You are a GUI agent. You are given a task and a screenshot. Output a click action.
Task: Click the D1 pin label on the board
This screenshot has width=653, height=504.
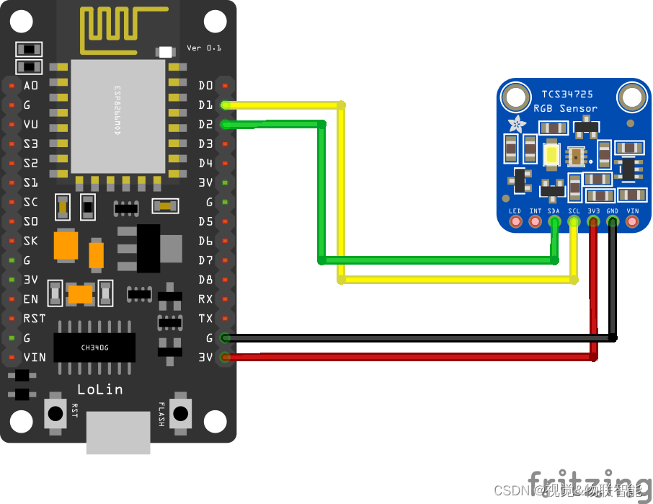click(205, 105)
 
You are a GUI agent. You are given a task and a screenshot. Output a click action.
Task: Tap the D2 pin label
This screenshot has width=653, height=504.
click(205, 125)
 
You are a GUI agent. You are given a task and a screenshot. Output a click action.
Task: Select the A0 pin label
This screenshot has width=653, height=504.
click(32, 86)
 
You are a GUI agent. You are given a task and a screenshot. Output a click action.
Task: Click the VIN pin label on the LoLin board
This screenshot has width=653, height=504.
click(34, 357)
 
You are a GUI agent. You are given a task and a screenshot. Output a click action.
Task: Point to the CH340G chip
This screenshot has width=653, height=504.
click(94, 348)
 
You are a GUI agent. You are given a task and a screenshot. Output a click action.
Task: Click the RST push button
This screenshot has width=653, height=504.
click(55, 413)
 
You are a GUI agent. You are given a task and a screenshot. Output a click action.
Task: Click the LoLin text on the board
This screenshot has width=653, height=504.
click(99, 389)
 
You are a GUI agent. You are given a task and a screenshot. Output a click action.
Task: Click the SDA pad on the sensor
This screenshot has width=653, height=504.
click(554, 222)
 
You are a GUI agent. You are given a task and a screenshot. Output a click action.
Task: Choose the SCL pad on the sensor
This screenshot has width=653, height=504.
click(574, 222)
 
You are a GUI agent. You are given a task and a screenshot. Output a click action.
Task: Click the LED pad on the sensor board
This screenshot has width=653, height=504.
click(515, 222)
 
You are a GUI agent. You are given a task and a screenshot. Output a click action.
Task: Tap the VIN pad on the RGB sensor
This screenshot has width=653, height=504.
click(632, 222)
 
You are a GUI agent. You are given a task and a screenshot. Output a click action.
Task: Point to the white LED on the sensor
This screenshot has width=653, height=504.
click(552, 154)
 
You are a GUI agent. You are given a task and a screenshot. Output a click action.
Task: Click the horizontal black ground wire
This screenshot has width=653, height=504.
click(418, 337)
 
